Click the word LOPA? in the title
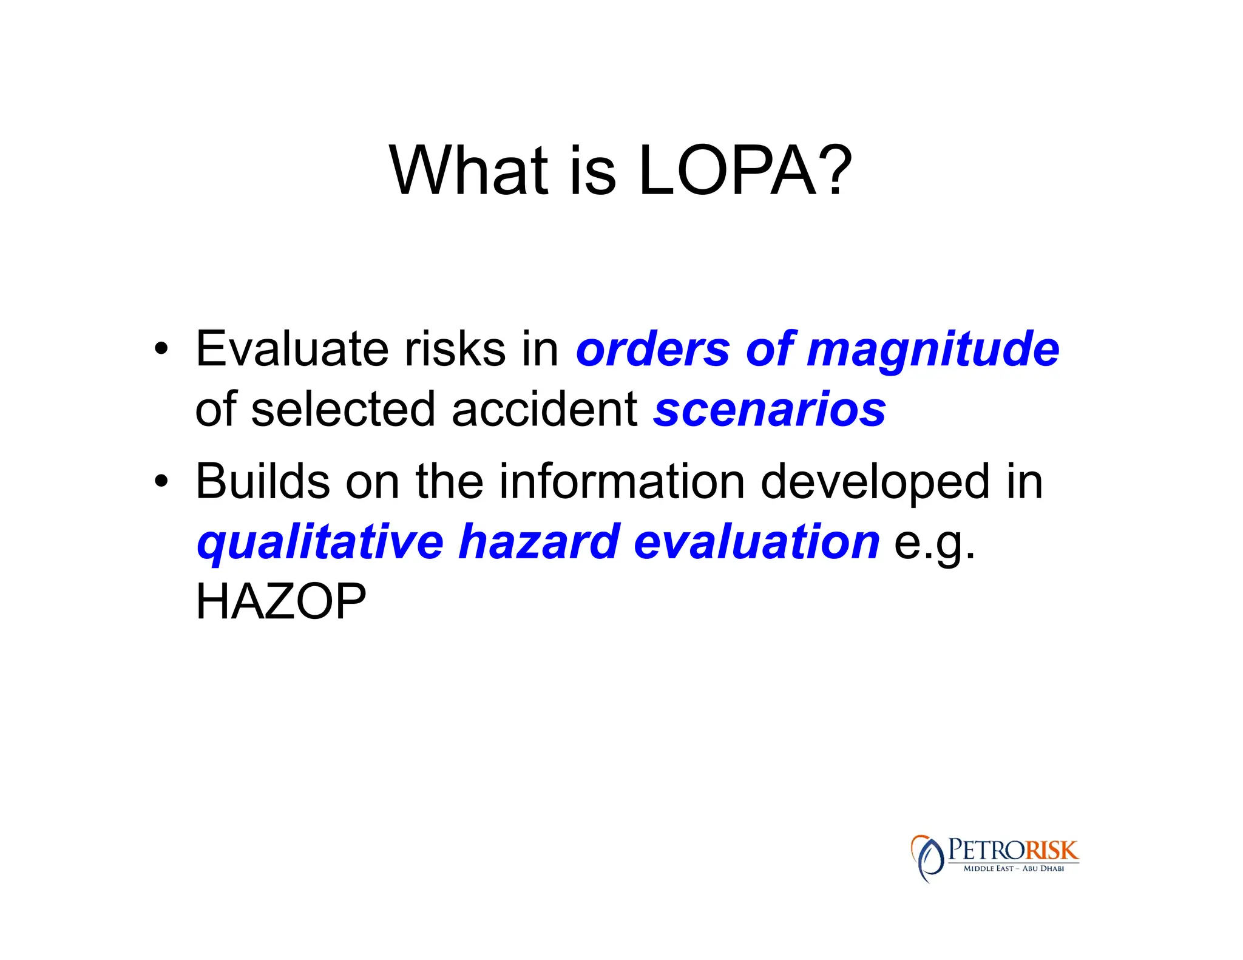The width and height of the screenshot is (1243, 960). [745, 172]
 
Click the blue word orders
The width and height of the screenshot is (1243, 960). [652, 350]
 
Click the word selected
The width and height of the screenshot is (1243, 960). [343, 410]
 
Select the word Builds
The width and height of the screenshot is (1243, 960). [262, 481]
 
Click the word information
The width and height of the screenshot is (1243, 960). [621, 481]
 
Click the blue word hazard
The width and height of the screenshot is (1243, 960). [539, 542]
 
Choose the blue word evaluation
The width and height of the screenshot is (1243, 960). [756, 542]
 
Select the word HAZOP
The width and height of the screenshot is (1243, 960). [280, 602]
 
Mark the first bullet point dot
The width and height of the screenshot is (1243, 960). [161, 350]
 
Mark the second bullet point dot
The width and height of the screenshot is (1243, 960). [161, 482]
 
